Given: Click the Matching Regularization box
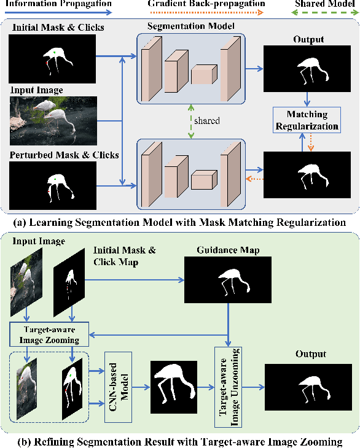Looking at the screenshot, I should (307, 120).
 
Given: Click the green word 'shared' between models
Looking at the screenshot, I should (206, 121).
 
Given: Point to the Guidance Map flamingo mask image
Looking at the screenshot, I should (228, 279).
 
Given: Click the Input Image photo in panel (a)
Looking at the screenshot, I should (53, 120).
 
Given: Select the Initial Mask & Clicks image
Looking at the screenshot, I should (53, 59).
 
